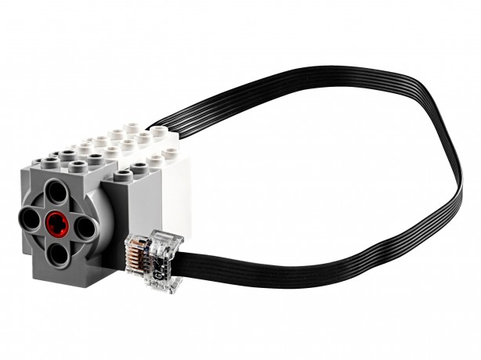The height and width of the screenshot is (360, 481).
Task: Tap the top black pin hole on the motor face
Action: (55, 190)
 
